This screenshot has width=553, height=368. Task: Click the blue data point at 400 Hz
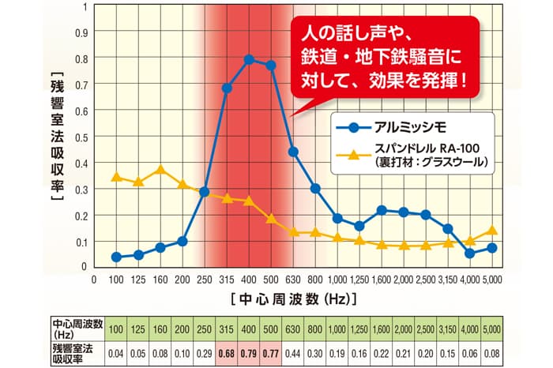249,59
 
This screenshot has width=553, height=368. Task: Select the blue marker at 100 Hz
116,257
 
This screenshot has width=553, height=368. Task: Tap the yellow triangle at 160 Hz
160,170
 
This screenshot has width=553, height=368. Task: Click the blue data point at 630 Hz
293,151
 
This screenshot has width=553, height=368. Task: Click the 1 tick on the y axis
85,6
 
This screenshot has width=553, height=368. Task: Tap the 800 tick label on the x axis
315,279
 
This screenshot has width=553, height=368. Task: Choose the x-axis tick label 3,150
448,279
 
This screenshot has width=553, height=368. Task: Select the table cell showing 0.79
250,351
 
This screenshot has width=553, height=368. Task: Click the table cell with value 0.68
228,351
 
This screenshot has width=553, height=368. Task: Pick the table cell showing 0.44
294,351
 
